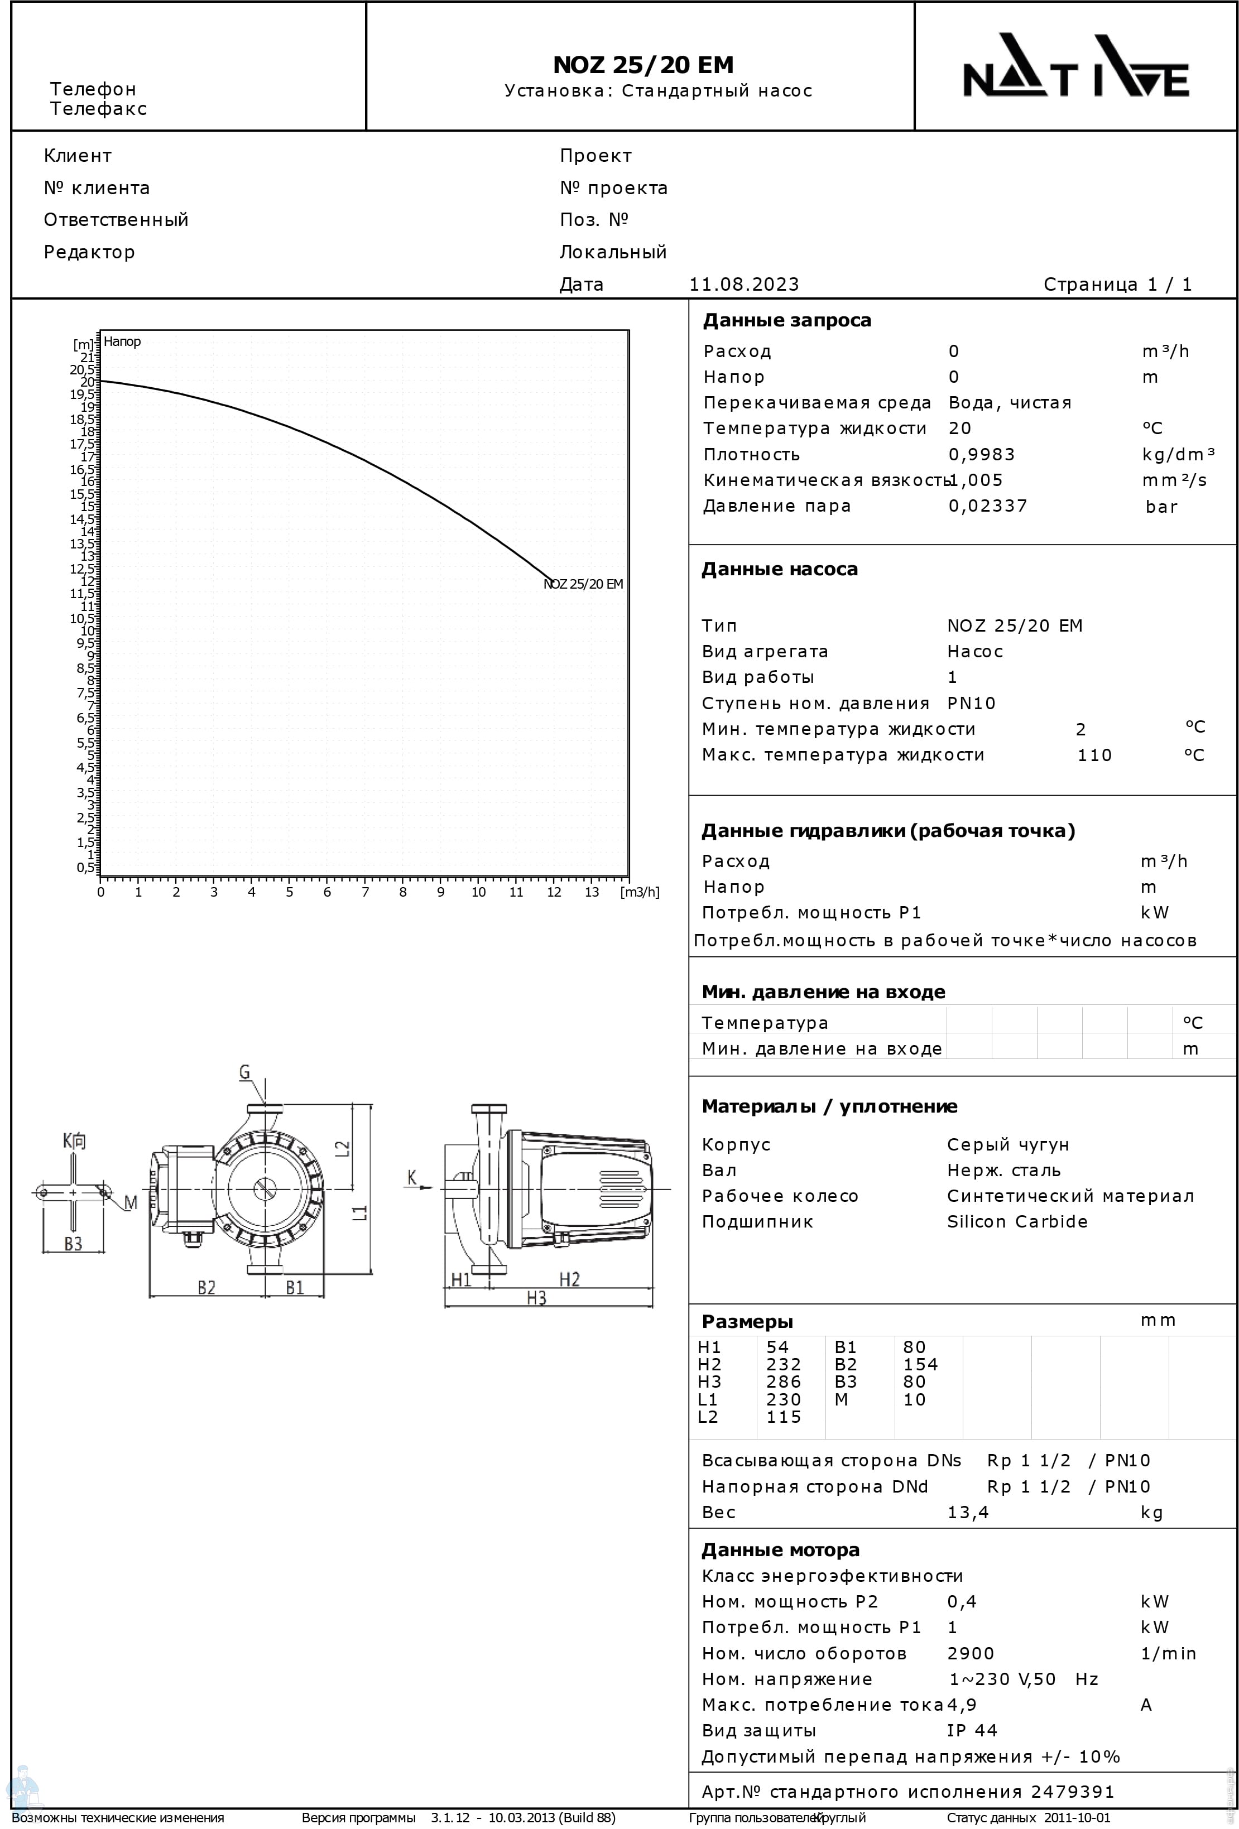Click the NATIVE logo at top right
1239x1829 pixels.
click(x=1075, y=66)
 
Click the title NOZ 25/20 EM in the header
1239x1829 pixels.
click(x=643, y=65)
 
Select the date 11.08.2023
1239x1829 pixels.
click(x=744, y=284)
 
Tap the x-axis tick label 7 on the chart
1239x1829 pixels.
click(x=365, y=892)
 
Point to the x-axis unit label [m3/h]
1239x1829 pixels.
click(x=639, y=892)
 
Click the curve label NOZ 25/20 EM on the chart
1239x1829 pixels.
click(x=583, y=584)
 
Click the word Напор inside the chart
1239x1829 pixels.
click(x=122, y=341)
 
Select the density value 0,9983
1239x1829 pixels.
click(x=982, y=454)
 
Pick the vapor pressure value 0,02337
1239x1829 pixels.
click(x=988, y=506)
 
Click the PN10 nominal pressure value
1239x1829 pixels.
click(x=971, y=703)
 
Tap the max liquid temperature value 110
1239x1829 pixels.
click(x=1094, y=755)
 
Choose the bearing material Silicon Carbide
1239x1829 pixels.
click(x=1017, y=1221)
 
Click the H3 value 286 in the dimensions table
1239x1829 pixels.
click(x=783, y=1381)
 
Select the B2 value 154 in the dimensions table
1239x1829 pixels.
click(x=920, y=1364)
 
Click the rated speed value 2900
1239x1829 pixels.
click(x=971, y=1653)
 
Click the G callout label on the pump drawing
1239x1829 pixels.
click(x=245, y=1072)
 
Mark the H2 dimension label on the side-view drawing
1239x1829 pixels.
click(x=569, y=1279)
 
